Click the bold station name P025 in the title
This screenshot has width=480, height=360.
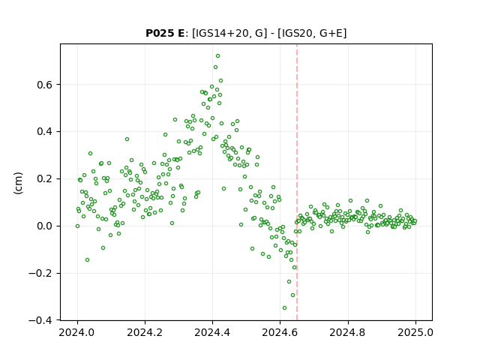point(161,33)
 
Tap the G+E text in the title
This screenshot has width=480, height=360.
point(331,33)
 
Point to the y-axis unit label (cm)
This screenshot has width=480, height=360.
point(18,183)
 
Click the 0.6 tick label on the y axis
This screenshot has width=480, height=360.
point(44,85)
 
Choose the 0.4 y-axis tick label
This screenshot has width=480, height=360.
point(44,132)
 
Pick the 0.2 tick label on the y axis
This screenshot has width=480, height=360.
point(44,179)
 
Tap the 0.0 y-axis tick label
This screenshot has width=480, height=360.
point(44,226)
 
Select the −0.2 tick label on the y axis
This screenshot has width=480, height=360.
point(40,273)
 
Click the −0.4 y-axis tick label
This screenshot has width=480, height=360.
point(40,320)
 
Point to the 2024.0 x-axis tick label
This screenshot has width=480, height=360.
point(77,332)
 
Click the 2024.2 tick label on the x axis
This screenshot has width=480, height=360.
point(145,332)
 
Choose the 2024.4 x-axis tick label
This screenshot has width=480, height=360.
point(212,332)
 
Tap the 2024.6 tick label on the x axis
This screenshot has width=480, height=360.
point(280,332)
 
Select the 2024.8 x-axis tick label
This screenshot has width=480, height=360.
point(348,332)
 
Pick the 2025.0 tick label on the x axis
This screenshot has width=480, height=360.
point(415,332)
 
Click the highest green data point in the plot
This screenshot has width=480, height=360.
point(217,56)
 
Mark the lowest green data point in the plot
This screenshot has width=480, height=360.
point(284,308)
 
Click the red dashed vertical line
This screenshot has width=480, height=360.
point(297,182)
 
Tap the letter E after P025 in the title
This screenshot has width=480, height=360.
point(181,33)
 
